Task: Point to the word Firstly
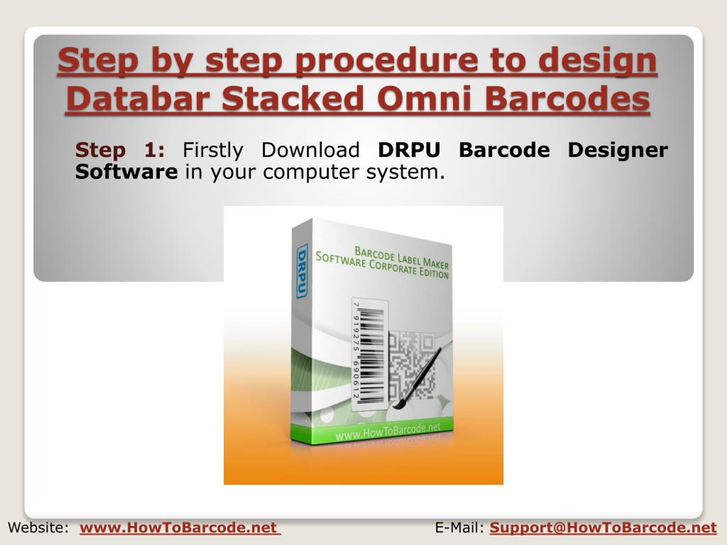pyautogui.click(x=213, y=150)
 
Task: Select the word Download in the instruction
pyautogui.click(x=310, y=150)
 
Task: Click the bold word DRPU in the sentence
pyautogui.click(x=409, y=150)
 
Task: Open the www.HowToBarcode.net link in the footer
pyautogui.click(x=180, y=528)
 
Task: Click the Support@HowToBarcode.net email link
pyautogui.click(x=603, y=528)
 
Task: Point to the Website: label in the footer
pyautogui.click(x=38, y=528)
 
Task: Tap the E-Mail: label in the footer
pyautogui.click(x=459, y=528)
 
